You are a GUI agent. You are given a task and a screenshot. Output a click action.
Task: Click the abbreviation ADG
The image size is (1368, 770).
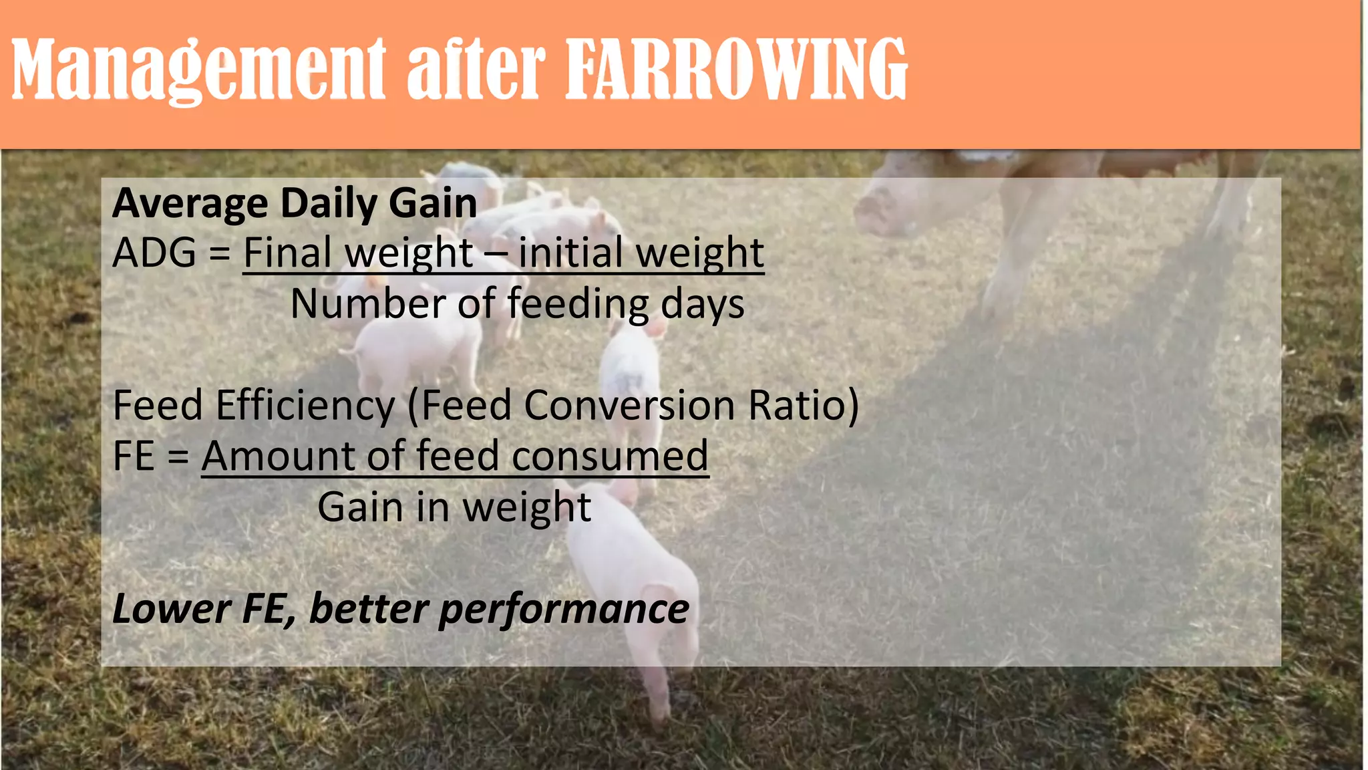click(x=154, y=253)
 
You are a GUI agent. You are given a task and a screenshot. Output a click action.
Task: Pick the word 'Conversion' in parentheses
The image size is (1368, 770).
click(x=629, y=405)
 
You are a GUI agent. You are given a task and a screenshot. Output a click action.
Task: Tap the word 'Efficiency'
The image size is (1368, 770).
click(x=305, y=405)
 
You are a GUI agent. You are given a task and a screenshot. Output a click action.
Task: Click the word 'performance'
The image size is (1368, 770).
click(x=563, y=610)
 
